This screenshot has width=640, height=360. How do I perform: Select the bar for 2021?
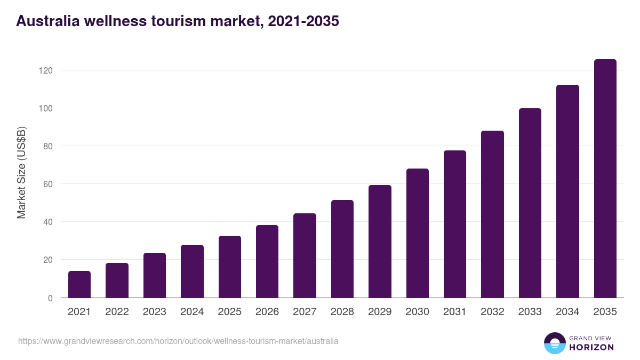coord(79,284)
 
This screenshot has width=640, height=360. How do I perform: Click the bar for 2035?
coord(605,179)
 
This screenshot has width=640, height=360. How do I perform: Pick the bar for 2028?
coord(342,249)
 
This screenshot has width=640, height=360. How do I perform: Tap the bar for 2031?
coord(455,224)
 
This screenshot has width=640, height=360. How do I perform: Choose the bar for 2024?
coord(192,271)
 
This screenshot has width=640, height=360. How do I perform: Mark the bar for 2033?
coord(530,203)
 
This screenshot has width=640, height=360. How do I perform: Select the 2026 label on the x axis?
coord(267,312)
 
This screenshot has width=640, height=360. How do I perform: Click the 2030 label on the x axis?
coord(417,312)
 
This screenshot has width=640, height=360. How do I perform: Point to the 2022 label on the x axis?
coord(117,312)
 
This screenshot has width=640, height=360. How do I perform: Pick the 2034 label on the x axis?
coord(567,312)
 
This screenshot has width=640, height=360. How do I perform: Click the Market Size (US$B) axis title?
coord(21,172)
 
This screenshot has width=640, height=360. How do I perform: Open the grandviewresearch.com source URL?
coord(178,341)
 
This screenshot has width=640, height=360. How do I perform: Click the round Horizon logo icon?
coord(555,343)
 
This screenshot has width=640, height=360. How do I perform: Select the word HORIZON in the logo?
coord(592,347)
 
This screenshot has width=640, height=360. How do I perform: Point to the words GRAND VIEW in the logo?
coord(591,338)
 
